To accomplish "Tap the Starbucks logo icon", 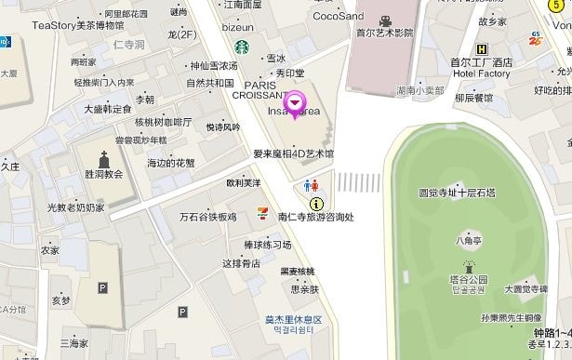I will (241, 46).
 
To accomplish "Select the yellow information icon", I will (316, 203).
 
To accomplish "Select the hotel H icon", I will (481, 50).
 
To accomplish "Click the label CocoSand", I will (339, 16).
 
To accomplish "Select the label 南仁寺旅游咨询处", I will (315, 217).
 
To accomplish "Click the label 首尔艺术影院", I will (384, 33).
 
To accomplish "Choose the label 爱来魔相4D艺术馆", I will (293, 153).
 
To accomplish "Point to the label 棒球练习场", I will (267, 245).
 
